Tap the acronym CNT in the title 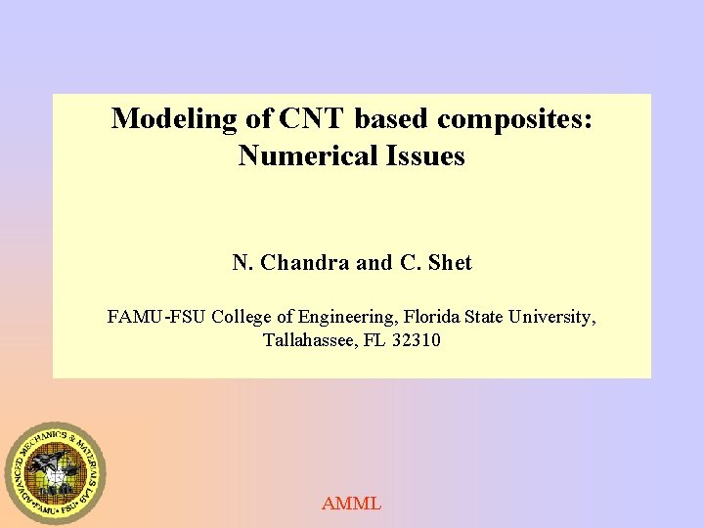[311, 119]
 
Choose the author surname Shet [449, 263]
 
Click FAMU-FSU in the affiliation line [156, 318]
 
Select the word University [549, 318]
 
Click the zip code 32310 [416, 341]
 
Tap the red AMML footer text [351, 505]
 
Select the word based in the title [392, 119]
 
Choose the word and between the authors [374, 263]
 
